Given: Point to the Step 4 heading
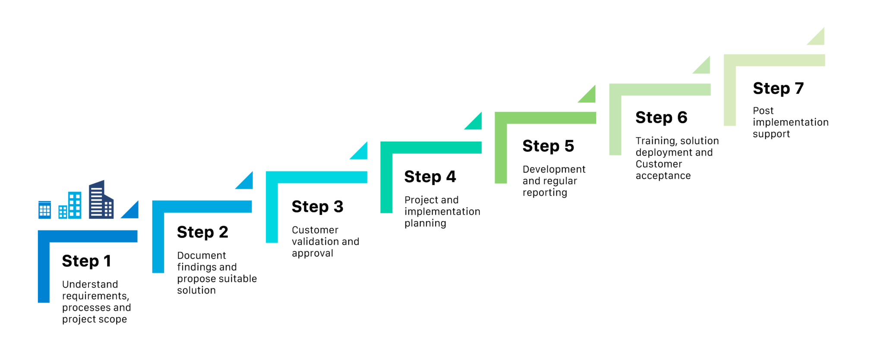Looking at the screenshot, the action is [x=430, y=177].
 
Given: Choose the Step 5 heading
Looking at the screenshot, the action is [x=548, y=146].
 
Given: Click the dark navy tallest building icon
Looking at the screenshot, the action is [x=101, y=199].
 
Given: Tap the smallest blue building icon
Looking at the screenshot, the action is [x=44, y=210].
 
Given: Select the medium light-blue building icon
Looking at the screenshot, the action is [x=70, y=205].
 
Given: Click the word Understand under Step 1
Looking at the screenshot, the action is [x=90, y=284].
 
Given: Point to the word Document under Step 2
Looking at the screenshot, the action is [x=202, y=256].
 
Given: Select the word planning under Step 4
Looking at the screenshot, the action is [x=425, y=224].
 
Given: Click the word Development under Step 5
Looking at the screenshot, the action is [x=554, y=170].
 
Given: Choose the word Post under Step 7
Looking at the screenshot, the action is [x=763, y=111].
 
